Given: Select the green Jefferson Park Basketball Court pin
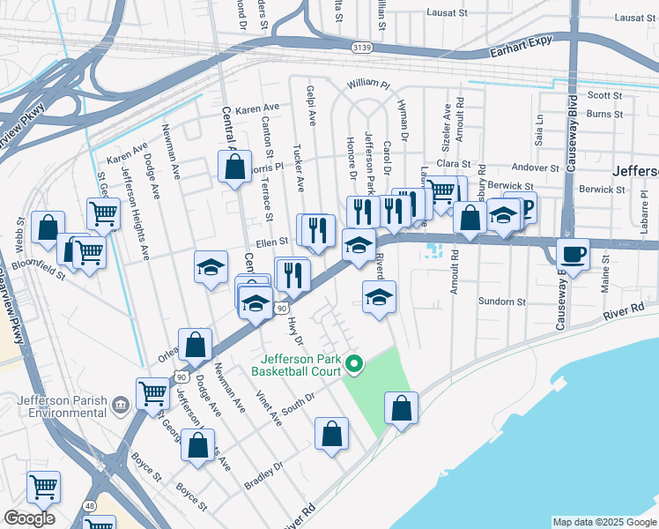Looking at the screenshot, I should pyautogui.click(x=354, y=362).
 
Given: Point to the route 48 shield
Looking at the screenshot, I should pyautogui.click(x=91, y=503).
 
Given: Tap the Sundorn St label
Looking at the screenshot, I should pyautogui.click(x=502, y=302).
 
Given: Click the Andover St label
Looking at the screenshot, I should pyautogui.click(x=536, y=168).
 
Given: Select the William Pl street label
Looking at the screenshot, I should pyautogui.click(x=367, y=83).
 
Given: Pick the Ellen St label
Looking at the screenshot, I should pyautogui.click(x=272, y=241).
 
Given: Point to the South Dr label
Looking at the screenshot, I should pyautogui.click(x=299, y=399).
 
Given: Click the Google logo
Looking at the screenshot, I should pyautogui.click(x=29, y=518).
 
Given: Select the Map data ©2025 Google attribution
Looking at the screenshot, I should pyautogui.click(x=603, y=522).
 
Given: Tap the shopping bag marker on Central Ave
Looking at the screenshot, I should pyautogui.click(x=234, y=167).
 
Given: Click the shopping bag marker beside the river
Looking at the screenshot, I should pyautogui.click(x=401, y=408).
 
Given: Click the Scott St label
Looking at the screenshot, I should pyautogui.click(x=604, y=95).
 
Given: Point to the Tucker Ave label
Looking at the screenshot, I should pyautogui.click(x=299, y=168).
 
